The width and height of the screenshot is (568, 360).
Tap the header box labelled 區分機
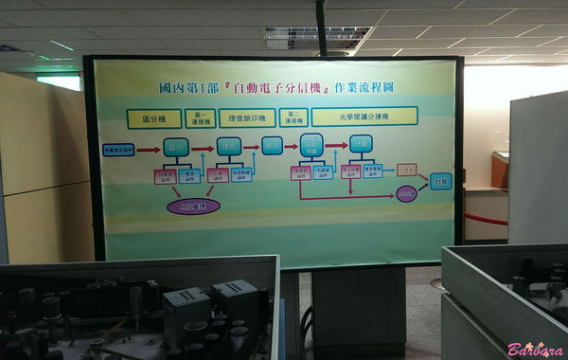click(153, 117)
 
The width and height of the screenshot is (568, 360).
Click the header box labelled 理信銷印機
click(246, 117)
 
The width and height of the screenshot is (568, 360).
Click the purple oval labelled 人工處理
click(193, 205)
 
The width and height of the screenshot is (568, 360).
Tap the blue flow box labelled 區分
click(176, 148)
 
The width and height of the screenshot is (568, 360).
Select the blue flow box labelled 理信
click(228, 147)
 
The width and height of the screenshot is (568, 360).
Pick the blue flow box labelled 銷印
click(273, 146)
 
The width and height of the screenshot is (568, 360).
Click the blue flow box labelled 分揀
click(360, 145)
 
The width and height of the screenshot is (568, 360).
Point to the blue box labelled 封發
click(440, 180)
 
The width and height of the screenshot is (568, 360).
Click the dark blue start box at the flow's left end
click(117, 150)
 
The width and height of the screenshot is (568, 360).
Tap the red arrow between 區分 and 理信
click(203, 148)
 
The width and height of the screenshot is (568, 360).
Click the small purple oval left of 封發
click(406, 194)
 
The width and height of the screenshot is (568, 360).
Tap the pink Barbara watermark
click(535, 349)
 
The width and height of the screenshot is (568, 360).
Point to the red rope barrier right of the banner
click(485, 220)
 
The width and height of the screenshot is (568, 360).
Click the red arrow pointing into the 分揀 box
click(337, 145)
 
